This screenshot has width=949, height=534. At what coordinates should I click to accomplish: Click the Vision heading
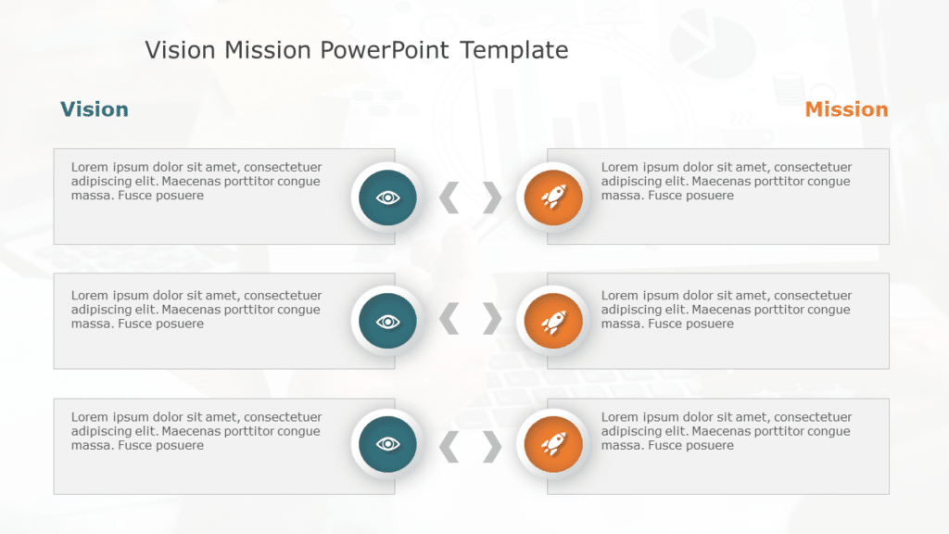(94, 109)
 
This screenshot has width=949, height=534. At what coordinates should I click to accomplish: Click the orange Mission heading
(846, 109)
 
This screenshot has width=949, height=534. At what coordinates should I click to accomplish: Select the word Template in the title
(514, 49)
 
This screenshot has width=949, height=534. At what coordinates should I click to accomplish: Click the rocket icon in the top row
(552, 197)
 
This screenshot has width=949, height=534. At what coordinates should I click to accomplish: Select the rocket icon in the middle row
(552, 321)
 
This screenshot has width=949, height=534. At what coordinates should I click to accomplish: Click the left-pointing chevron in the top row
(449, 197)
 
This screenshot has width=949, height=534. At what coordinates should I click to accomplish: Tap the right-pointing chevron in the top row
(492, 197)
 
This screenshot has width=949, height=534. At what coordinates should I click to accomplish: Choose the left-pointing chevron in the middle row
(449, 320)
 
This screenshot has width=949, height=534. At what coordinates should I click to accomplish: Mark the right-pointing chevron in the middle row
(492, 320)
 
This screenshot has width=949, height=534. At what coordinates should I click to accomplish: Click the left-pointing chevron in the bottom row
(449, 446)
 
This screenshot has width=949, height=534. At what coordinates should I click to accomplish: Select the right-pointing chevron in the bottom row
(492, 446)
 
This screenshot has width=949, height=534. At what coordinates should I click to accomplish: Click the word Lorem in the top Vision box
(89, 168)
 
